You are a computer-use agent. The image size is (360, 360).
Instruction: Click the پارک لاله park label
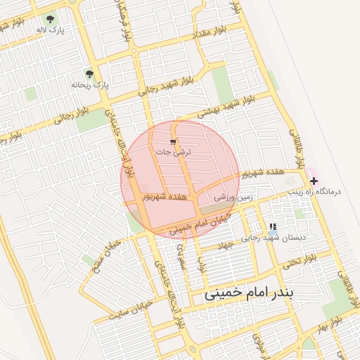(x=50, y=31)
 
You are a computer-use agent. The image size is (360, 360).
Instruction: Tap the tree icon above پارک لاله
(x=50, y=19)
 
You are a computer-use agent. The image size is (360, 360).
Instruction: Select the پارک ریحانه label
(x=90, y=85)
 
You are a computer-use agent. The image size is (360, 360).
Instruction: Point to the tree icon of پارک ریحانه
(x=89, y=73)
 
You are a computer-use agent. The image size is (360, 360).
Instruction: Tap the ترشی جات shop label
(x=173, y=151)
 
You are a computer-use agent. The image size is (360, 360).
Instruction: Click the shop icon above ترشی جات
(x=173, y=141)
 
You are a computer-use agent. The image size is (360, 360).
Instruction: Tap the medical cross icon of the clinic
(x=314, y=181)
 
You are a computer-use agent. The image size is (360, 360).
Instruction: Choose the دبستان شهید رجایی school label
(x=274, y=238)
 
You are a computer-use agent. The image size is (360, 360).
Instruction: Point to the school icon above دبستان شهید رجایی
(x=272, y=226)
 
